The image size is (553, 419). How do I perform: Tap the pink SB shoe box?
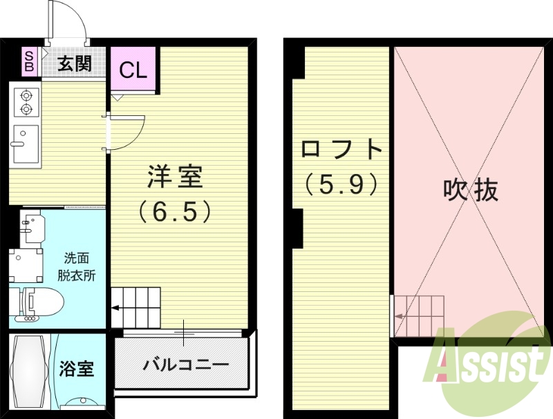click(30, 61)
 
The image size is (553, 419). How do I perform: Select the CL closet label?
click(133, 70)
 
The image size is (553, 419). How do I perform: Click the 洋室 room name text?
click(174, 177)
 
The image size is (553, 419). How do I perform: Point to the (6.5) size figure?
click(174, 211)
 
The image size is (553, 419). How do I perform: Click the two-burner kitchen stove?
click(26, 101)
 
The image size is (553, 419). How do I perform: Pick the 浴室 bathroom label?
click(77, 367)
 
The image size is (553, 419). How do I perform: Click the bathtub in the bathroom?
click(30, 371)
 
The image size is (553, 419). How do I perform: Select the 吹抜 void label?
click(471, 189)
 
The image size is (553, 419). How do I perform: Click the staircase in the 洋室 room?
click(136, 306)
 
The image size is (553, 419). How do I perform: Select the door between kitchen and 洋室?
click(124, 132)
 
